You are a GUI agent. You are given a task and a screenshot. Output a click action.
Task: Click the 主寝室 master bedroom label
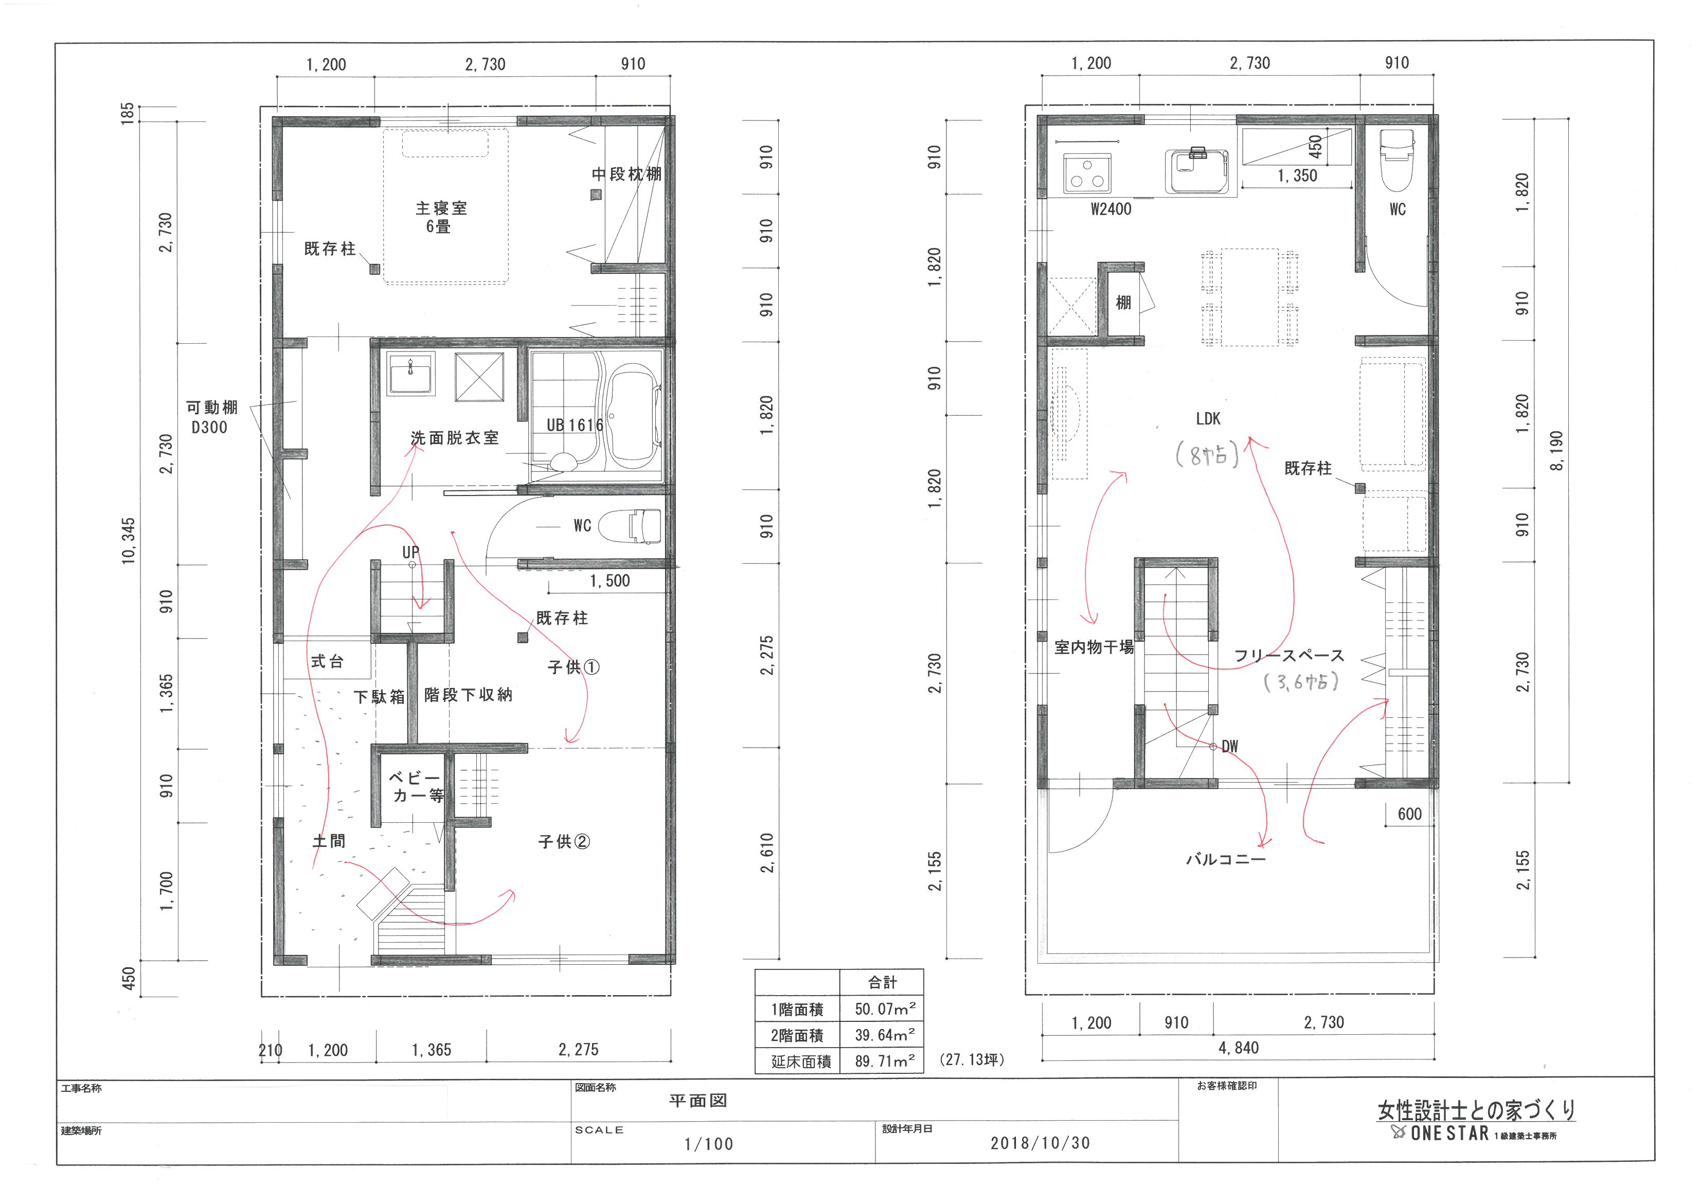[x=441, y=208]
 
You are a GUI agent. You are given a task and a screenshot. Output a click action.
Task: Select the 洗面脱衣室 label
[x=455, y=438]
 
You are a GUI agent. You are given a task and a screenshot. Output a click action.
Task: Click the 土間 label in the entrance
[x=329, y=841]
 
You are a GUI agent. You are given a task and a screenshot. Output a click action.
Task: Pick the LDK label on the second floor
[x=1208, y=419]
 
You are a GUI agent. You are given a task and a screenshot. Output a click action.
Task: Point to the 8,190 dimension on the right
[x=1556, y=450]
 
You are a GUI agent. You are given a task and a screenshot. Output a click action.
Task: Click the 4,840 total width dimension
[x=1239, y=1047]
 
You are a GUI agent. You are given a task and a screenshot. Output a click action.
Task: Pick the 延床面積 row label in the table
[x=801, y=1062]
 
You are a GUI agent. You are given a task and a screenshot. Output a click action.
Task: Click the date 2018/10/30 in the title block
[x=1040, y=1143]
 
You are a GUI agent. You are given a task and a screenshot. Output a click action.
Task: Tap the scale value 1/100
[x=709, y=1144]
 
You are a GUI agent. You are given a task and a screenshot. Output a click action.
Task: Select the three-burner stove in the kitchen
[x=1087, y=173]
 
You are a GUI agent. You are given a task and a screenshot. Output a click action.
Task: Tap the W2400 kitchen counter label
[x=1111, y=209]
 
